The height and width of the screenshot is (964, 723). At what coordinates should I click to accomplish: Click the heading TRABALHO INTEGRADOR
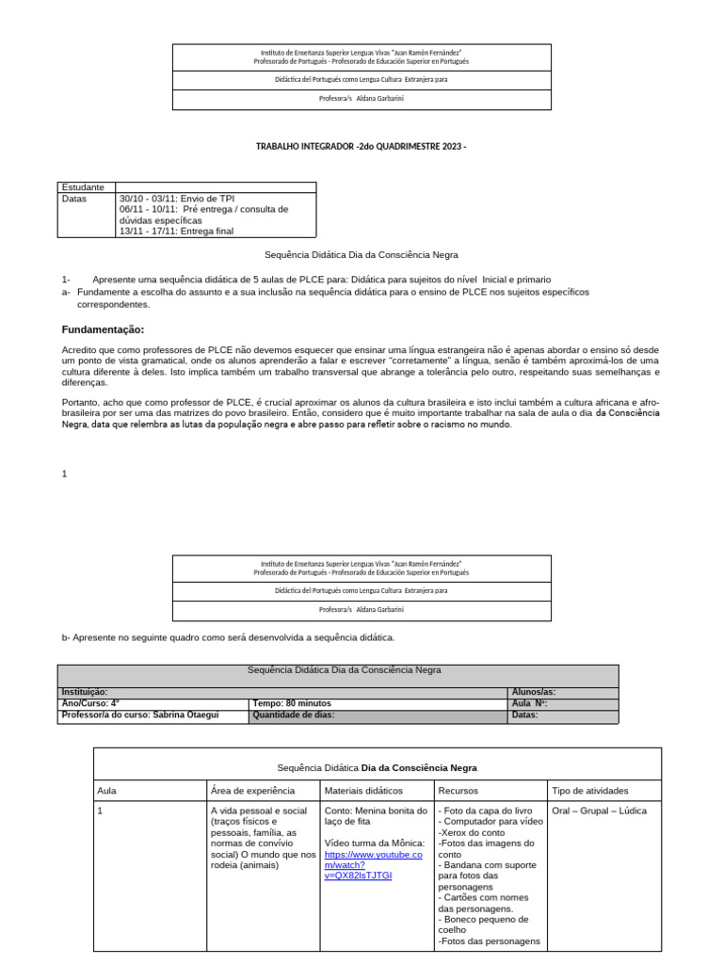pos(361,146)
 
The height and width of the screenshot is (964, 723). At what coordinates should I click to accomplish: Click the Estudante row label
pos(83,187)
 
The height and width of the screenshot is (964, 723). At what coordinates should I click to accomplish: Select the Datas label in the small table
pos(74,199)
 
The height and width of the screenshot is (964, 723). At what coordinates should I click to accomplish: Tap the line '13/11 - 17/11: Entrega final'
pos(176,231)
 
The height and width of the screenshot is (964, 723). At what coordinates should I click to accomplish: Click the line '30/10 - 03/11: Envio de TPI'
pos(176,199)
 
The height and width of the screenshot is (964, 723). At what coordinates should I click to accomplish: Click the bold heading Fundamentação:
pos(103,329)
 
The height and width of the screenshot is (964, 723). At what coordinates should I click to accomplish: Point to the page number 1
pos(65,474)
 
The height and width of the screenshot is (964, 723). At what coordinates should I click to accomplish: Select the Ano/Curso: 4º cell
pos(90,703)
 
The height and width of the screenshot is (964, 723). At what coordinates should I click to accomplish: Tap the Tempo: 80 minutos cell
pos(292,703)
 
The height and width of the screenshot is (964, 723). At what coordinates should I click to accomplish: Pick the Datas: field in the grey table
pos(524,715)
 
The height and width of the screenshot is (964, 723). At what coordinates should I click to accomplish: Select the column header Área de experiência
pos(252,791)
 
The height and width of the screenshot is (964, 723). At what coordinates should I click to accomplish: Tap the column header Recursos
pos(458,791)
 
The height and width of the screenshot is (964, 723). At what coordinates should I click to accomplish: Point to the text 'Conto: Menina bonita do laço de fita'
pos(376,815)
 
